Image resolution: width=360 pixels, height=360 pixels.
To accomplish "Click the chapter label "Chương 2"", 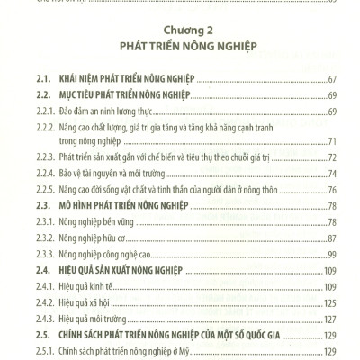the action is pyautogui.click(x=179, y=27).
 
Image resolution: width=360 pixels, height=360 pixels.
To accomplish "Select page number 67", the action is pyautogui.click(x=330, y=80).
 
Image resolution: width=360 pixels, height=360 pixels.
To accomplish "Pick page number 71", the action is pyautogui.click(x=331, y=142).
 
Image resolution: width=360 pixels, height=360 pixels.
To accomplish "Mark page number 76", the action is pyautogui.click(x=331, y=189).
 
